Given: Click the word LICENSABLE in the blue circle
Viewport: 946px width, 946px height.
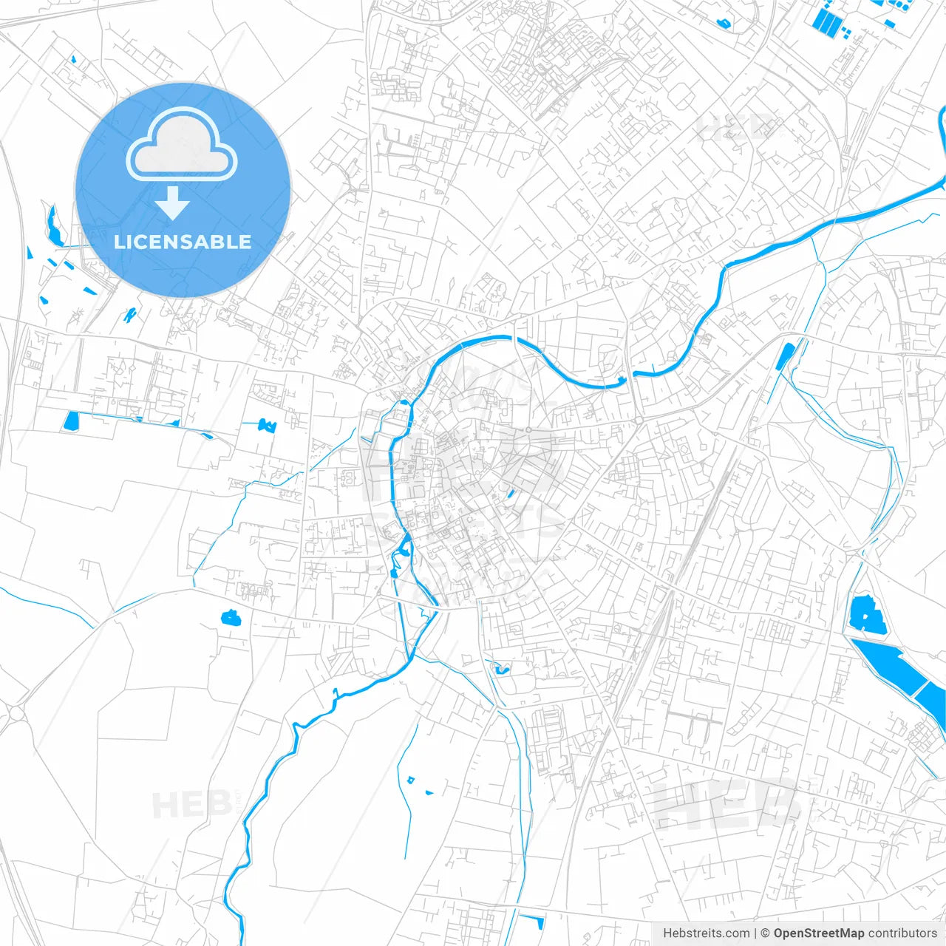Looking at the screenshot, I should pos(183,242).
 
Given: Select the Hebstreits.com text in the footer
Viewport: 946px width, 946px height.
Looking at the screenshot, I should pos(706,933).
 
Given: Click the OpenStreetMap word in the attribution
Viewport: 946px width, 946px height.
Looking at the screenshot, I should pos(818,933).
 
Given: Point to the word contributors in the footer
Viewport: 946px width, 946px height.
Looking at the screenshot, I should pos(902,933).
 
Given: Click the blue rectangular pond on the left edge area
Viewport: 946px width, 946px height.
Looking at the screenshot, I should pos(71,421).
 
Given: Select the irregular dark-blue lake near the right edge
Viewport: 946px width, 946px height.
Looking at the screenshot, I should pos(867,615).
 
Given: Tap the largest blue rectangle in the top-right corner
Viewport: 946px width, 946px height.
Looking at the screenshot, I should pos(826,21).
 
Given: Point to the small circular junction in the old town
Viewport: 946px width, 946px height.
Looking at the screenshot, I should pos(529,429).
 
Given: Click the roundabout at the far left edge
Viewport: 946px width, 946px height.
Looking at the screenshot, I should pos(13,714).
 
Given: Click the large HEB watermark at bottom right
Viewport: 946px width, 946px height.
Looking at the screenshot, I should pos(724,803).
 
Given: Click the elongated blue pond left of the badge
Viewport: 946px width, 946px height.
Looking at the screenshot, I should pos(53,225).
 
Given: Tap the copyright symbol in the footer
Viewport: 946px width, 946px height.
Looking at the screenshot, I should pos(766,933).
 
